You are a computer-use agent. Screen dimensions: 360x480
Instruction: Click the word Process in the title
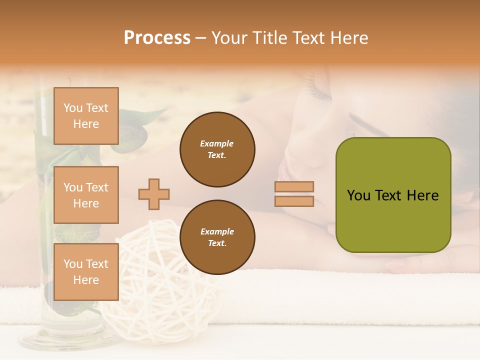tap(157, 38)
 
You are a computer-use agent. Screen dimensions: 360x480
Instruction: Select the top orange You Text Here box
tap(86, 116)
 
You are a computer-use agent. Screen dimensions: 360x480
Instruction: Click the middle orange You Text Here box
tap(86, 195)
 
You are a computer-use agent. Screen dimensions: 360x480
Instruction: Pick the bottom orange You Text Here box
tap(86, 272)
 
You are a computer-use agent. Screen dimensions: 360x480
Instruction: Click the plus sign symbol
tap(154, 193)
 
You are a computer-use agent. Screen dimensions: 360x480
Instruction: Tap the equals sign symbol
tap(294, 194)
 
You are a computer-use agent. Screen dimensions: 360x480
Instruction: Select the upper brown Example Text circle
tap(217, 149)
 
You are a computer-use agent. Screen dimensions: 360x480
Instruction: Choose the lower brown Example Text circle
tap(217, 237)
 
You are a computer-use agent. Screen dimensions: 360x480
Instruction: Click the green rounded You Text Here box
tap(393, 195)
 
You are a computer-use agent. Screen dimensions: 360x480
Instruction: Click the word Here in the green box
tap(422, 195)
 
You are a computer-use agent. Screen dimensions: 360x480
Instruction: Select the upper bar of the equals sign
tap(294, 186)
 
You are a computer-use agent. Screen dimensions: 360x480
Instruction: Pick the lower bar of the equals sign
tap(294, 201)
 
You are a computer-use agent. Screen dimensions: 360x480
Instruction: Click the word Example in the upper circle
tap(217, 143)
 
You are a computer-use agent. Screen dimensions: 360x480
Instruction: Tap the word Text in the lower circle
tap(217, 243)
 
